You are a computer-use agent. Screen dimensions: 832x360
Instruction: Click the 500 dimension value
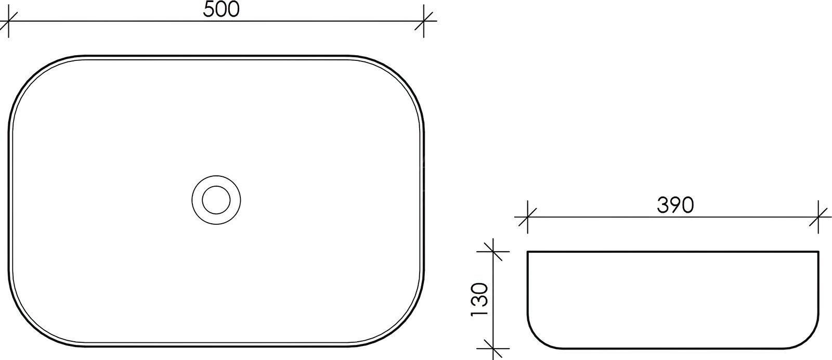coord(222,9)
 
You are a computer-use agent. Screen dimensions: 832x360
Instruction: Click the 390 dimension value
coord(675,205)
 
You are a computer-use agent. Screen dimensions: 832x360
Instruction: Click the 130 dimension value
coord(479,300)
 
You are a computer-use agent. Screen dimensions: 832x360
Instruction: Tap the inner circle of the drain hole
coord(216,200)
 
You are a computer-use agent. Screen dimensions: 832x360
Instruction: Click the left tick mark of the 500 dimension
coord(8,21)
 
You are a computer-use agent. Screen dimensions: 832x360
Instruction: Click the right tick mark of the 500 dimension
coord(424,21)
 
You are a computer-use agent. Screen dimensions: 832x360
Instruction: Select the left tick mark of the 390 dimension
coord(527,217)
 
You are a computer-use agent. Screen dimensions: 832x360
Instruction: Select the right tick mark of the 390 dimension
coord(818,217)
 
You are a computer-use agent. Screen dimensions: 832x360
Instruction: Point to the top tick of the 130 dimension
coord(493,251)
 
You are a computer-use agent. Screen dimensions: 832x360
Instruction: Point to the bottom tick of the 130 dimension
coord(493,349)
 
